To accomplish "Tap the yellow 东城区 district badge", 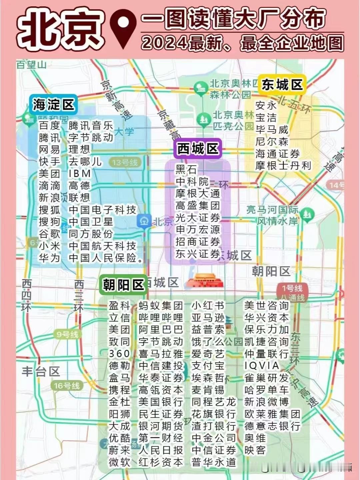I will click(282, 85).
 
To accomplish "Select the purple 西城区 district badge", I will click(198, 149).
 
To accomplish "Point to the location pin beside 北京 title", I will click(123, 28).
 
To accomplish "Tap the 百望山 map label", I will click(32, 65).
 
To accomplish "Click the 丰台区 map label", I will click(41, 371).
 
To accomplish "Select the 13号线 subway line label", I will click(125, 163).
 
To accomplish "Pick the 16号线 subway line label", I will click(67, 386).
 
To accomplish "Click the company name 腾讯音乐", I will click(91, 126).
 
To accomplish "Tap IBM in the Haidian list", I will click(80, 174).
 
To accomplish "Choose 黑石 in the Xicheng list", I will click(186, 169).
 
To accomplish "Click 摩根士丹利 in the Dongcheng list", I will click(283, 166).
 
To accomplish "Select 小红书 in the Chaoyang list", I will click(208, 305).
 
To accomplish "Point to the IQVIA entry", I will click(262, 366).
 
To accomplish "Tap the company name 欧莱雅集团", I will click(272, 414).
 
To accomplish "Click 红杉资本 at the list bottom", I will click(161, 462).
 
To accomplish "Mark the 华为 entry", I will click(49, 258).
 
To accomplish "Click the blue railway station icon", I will click(144, 221).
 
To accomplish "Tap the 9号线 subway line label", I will click(67, 334).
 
